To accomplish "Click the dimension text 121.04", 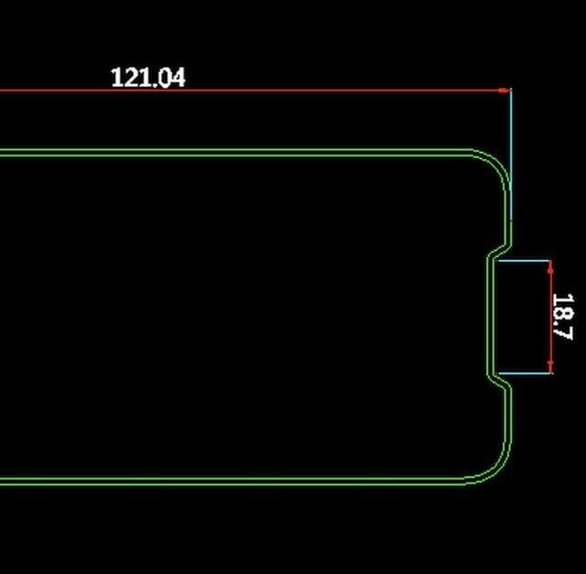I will click(x=147, y=77).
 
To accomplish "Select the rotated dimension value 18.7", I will click(x=562, y=317).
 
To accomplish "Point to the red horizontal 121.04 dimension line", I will click(x=275, y=91).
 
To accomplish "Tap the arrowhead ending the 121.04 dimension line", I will click(x=505, y=91).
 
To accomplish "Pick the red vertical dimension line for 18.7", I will click(x=551, y=317).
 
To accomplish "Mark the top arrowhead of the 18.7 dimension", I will click(x=551, y=265).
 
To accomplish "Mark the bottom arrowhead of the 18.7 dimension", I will click(x=551, y=368).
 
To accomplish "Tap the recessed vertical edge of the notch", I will click(x=489, y=317).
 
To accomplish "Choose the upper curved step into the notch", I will click(x=498, y=251).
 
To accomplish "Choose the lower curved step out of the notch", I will click(x=498, y=383).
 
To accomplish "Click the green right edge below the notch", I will click(x=506, y=421).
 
